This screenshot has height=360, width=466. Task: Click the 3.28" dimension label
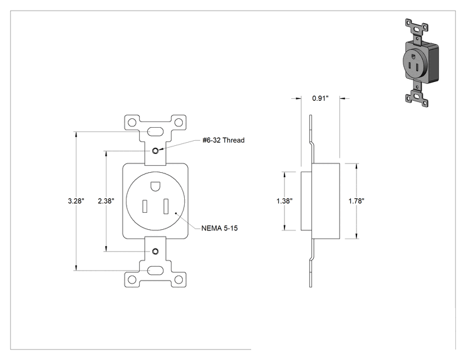point(76,201)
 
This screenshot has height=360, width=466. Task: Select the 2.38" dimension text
point(106,201)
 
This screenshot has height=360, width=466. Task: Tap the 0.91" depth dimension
point(321,98)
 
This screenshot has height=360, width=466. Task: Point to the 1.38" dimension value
point(284,201)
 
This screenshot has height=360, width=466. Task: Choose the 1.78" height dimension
point(356,201)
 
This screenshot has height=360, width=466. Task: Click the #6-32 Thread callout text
point(224,140)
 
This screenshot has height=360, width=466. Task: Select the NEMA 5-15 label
point(220,228)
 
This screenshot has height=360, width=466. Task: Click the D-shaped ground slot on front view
point(155,187)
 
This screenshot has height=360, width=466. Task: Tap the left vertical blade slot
point(145,206)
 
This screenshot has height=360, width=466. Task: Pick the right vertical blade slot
point(166,207)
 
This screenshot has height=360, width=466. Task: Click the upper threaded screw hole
point(155,151)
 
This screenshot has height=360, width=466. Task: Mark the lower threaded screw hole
point(155,252)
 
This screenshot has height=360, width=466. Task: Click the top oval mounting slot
point(155,131)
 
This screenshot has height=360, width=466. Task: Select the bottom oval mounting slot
point(155,270)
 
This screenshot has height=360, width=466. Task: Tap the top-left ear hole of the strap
point(132,123)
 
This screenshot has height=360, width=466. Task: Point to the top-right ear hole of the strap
point(179,123)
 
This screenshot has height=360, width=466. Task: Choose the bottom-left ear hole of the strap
point(132,279)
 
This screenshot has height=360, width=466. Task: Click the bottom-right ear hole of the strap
point(179,279)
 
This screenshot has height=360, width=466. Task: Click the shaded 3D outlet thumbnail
point(422,63)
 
